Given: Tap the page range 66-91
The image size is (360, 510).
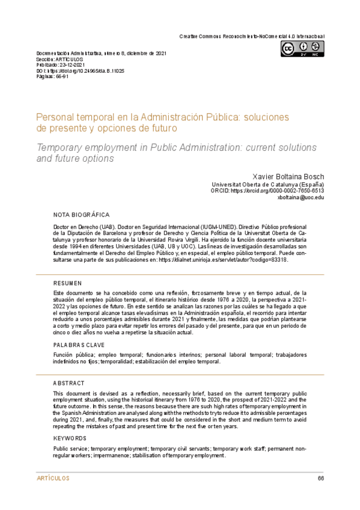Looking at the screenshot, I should tap(61, 77).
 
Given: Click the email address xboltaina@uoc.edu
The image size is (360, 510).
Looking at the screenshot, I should tap(300, 197).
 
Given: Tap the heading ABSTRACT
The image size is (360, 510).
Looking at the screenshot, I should tap(69, 383).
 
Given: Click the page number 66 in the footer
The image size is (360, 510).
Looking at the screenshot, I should tap(321, 479).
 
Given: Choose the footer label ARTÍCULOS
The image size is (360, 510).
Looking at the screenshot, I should tap(53, 479).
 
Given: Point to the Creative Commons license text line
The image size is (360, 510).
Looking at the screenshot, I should tap(252, 37).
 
